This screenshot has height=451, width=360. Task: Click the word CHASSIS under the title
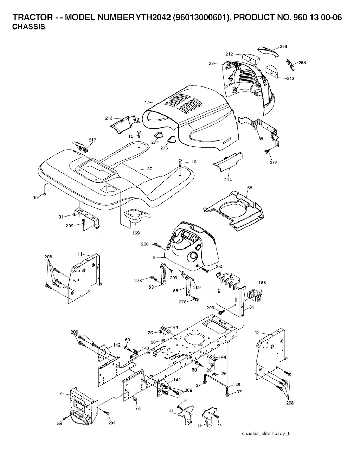pos(29,27)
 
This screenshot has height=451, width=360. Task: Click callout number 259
pos(283,46)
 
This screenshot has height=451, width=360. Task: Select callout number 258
pos(302,63)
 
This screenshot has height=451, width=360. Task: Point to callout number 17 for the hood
pos(147,102)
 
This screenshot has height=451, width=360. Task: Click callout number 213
pos(109,118)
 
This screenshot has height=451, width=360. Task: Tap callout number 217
pos(92,140)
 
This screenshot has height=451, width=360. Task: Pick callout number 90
pos(35,198)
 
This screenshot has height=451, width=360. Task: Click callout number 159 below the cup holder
pos(135,233)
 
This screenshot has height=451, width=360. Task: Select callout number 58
pos(250,188)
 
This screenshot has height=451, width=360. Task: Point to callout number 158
pos(262,282)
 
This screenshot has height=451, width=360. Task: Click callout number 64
pos(251,307)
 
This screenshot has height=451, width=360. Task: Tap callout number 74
pos(138,408)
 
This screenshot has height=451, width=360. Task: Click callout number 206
pos(60,424)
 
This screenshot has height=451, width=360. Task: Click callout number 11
pos(80,253)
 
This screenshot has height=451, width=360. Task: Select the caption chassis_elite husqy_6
pos(266,433)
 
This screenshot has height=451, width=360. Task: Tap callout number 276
pos(164,148)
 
